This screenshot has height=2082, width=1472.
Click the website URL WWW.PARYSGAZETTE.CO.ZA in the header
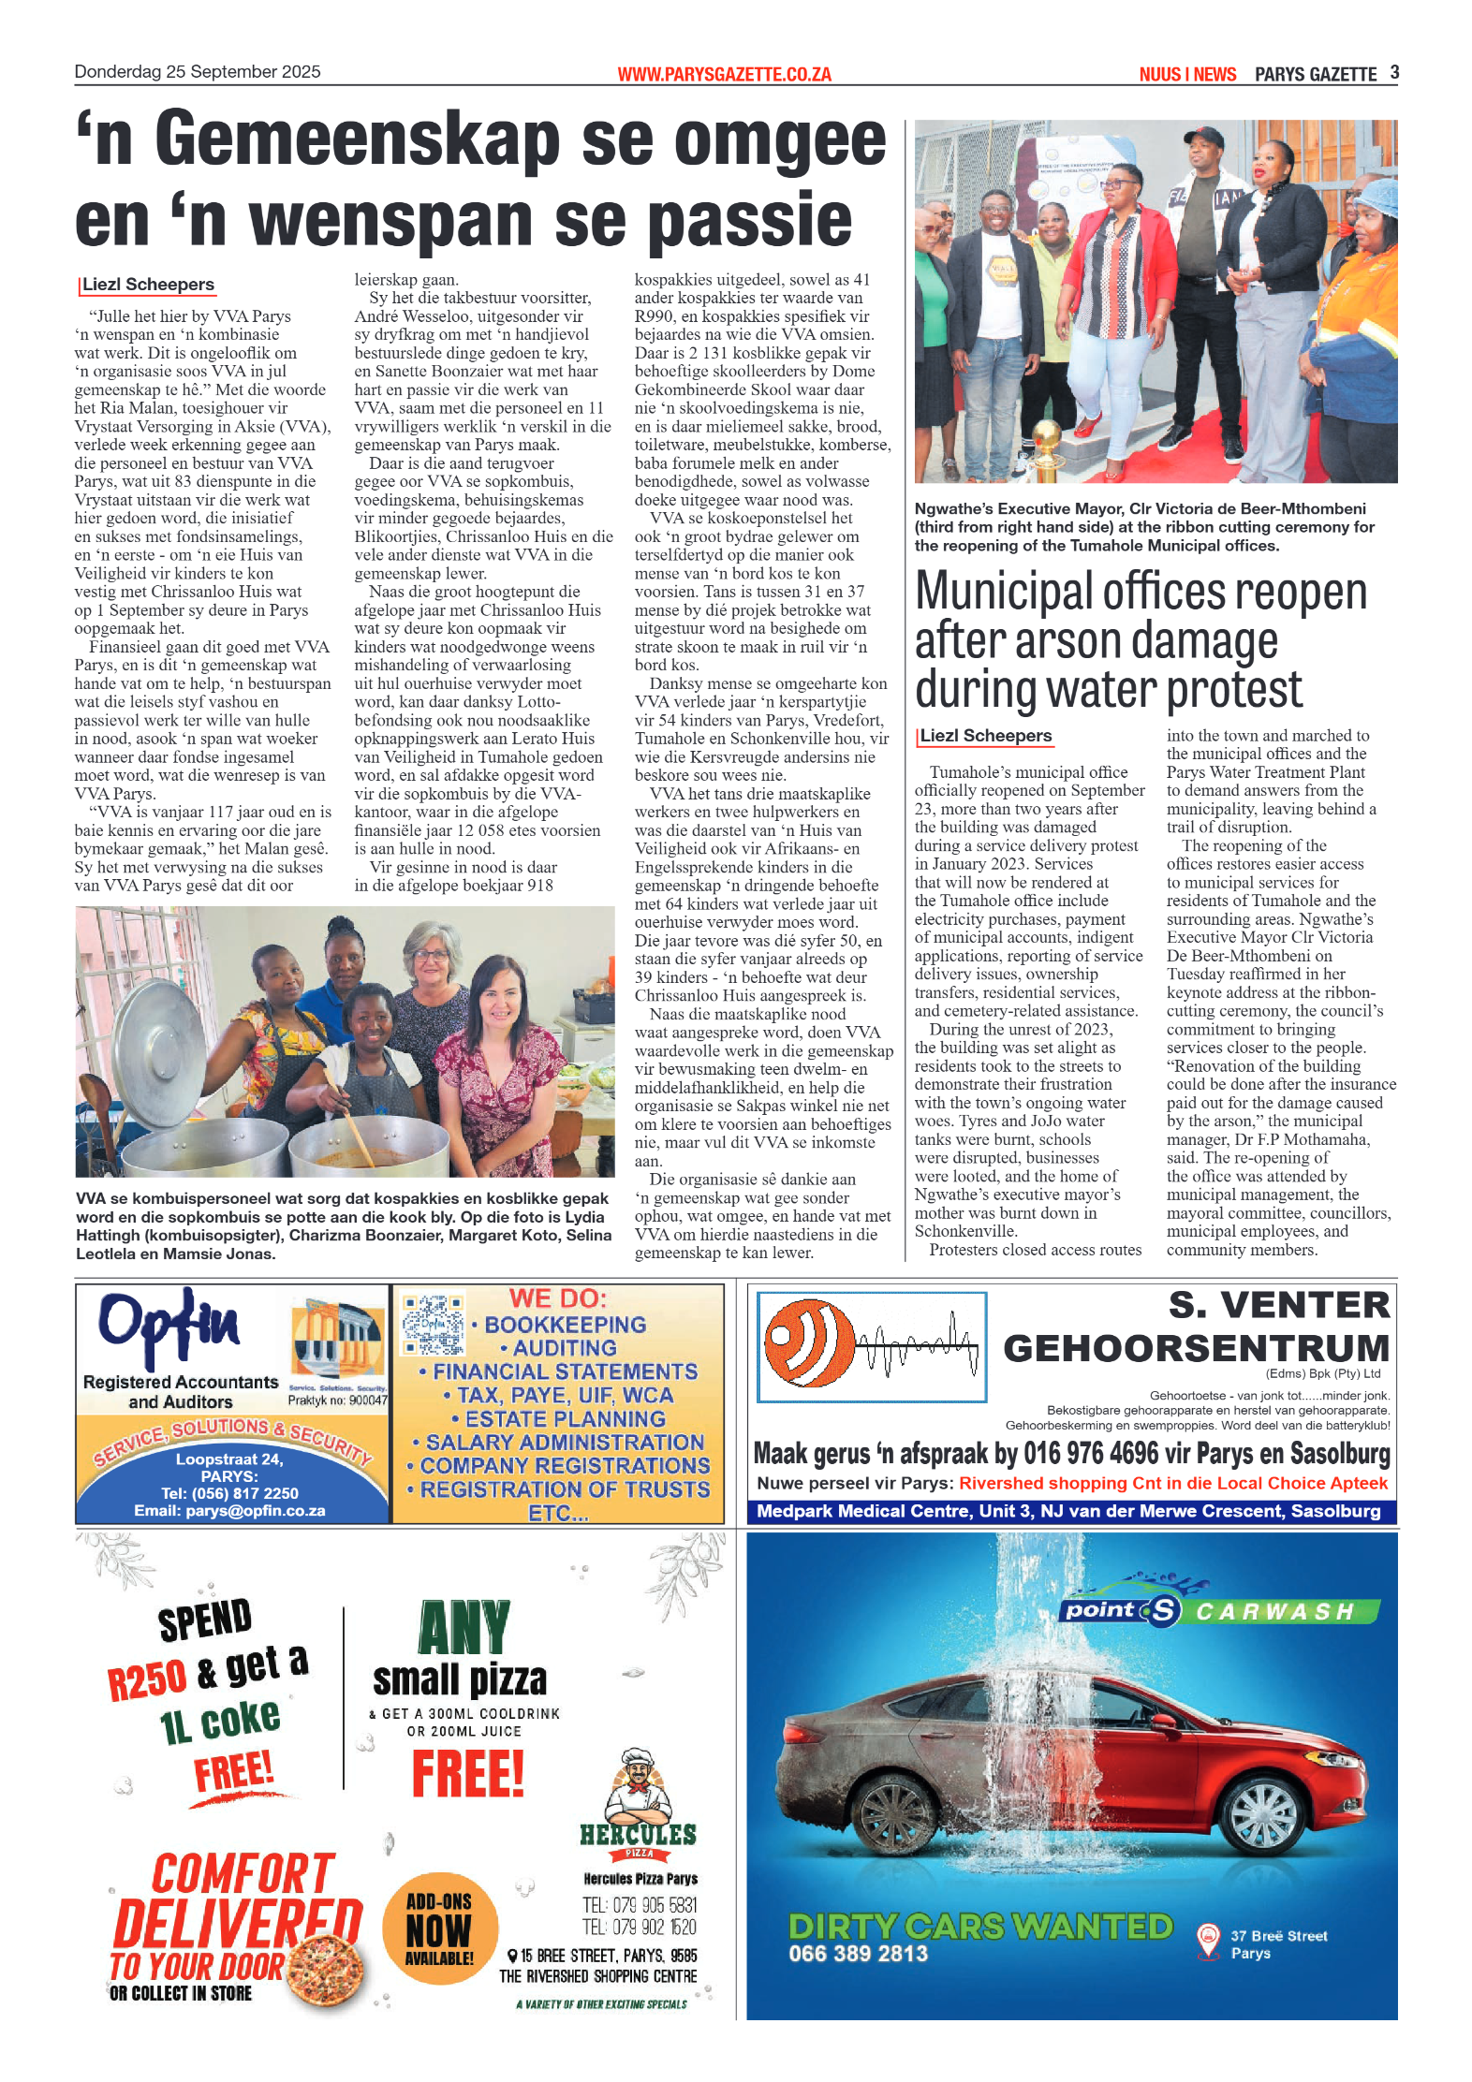tap(723, 74)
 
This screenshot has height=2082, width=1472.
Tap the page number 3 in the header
tap(1394, 72)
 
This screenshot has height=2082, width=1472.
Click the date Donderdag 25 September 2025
tap(198, 72)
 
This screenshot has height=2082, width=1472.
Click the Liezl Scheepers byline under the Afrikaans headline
tap(148, 285)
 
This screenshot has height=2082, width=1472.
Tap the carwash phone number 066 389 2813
tap(858, 1954)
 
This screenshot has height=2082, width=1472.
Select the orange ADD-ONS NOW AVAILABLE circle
tap(439, 1928)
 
